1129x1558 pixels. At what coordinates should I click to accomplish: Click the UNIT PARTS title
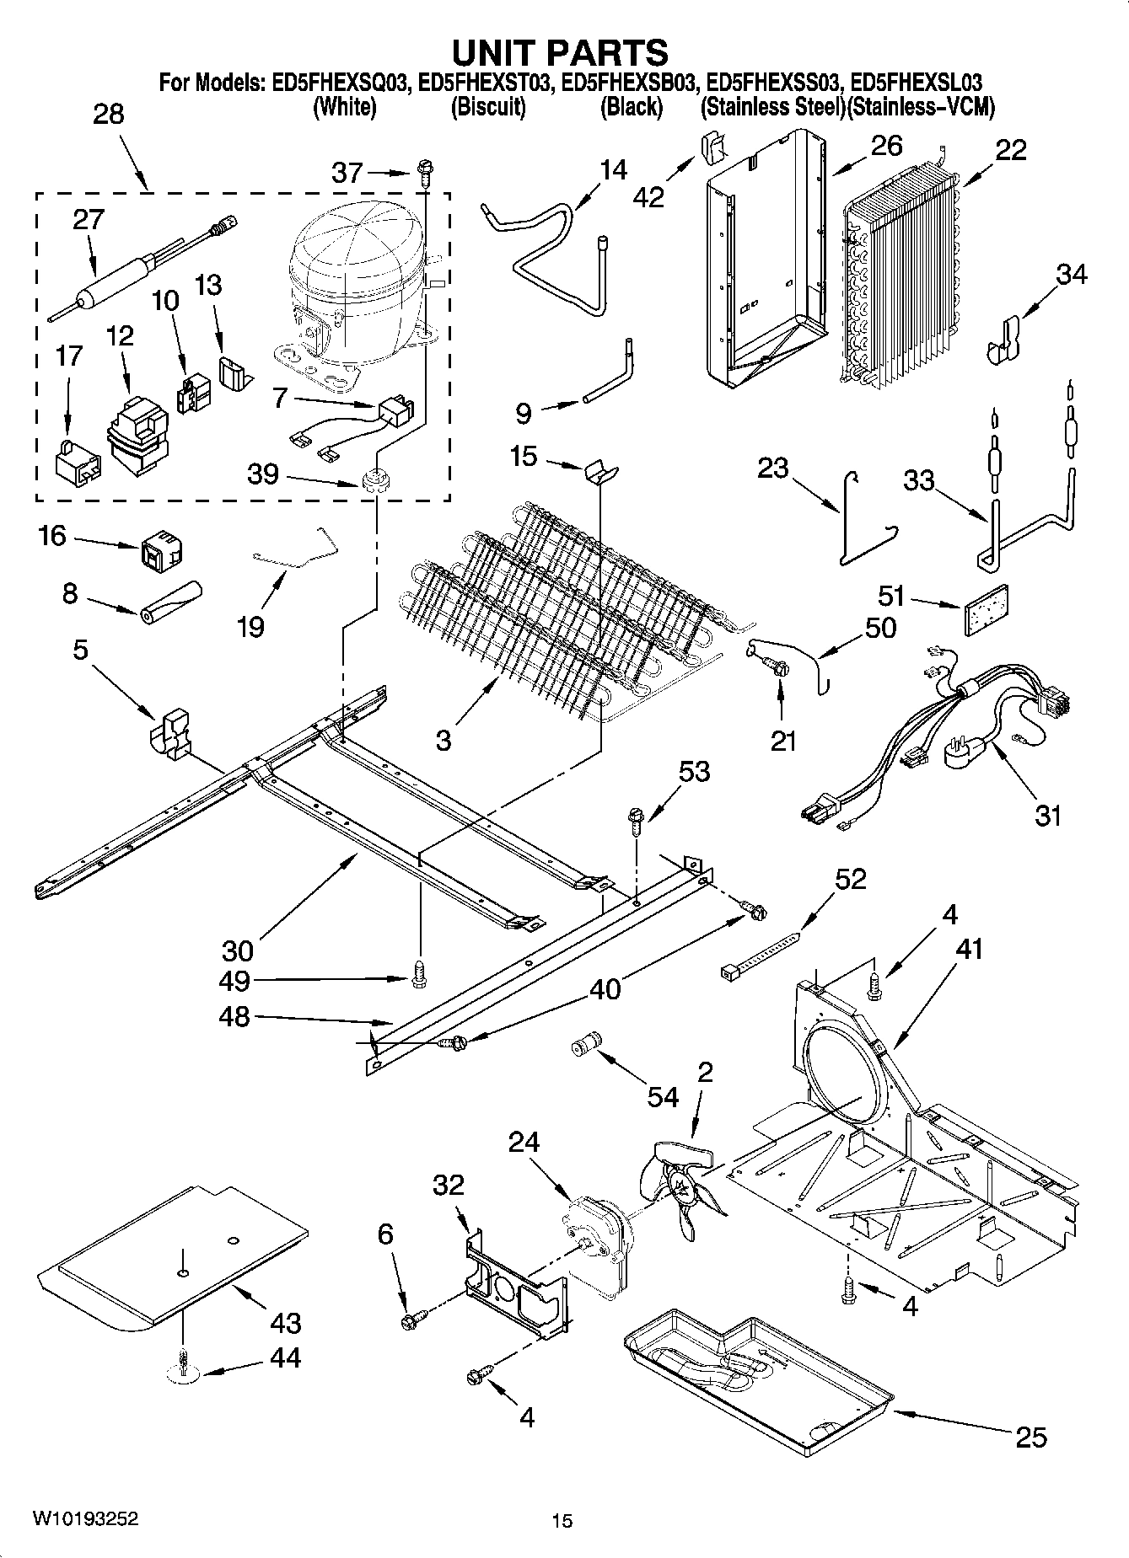561,52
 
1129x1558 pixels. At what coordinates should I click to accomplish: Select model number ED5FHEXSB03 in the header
630,83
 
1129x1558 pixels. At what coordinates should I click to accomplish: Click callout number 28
109,114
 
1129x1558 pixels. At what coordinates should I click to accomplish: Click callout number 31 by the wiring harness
1047,815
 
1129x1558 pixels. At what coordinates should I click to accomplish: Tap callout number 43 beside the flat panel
285,1322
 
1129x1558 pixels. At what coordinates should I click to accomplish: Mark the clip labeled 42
712,149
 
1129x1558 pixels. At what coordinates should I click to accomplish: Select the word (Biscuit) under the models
488,107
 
